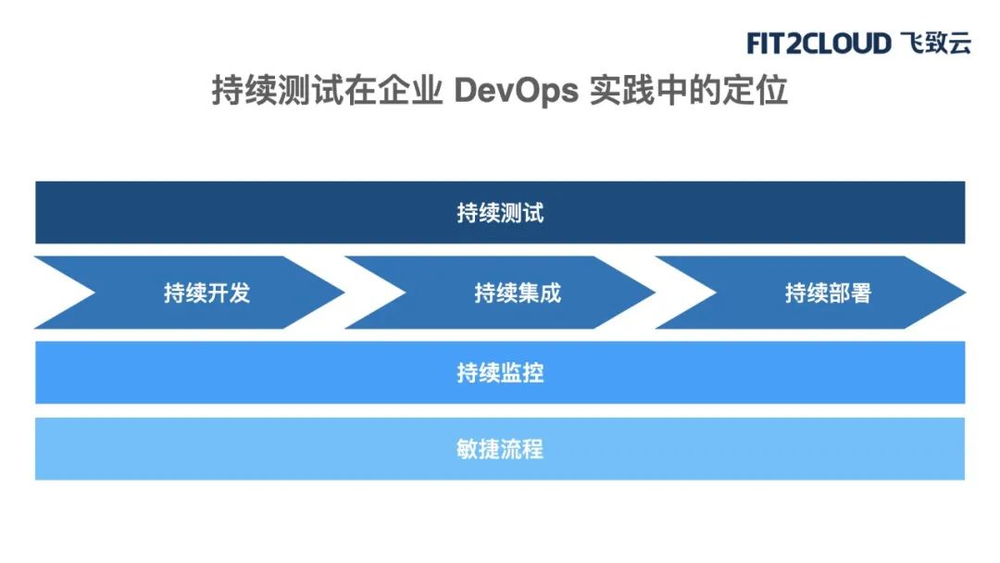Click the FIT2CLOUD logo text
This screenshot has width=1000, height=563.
pyautogui.click(x=819, y=44)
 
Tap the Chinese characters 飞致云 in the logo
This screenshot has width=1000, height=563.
pyautogui.click(x=936, y=43)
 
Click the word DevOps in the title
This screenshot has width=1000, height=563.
pyautogui.click(x=517, y=91)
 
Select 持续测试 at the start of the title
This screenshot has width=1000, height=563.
pyautogui.click(x=278, y=90)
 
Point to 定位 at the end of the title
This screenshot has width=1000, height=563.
pyautogui.click(x=755, y=90)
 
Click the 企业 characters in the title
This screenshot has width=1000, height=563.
pyautogui.click(x=410, y=90)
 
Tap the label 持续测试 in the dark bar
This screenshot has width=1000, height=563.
pyautogui.click(x=500, y=213)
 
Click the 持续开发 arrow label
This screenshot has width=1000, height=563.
pyautogui.click(x=206, y=294)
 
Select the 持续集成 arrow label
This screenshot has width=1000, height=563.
pyautogui.click(x=518, y=294)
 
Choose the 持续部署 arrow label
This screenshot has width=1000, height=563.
pyautogui.click(x=828, y=294)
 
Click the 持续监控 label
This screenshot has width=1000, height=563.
pyautogui.click(x=500, y=373)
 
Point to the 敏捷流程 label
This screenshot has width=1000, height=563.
pyautogui.click(x=500, y=449)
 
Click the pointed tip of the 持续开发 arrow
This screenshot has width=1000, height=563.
pyautogui.click(x=344, y=293)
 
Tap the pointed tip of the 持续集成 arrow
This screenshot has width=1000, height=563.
pyautogui.click(x=655, y=293)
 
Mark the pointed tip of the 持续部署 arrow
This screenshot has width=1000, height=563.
pyautogui.click(x=966, y=293)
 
